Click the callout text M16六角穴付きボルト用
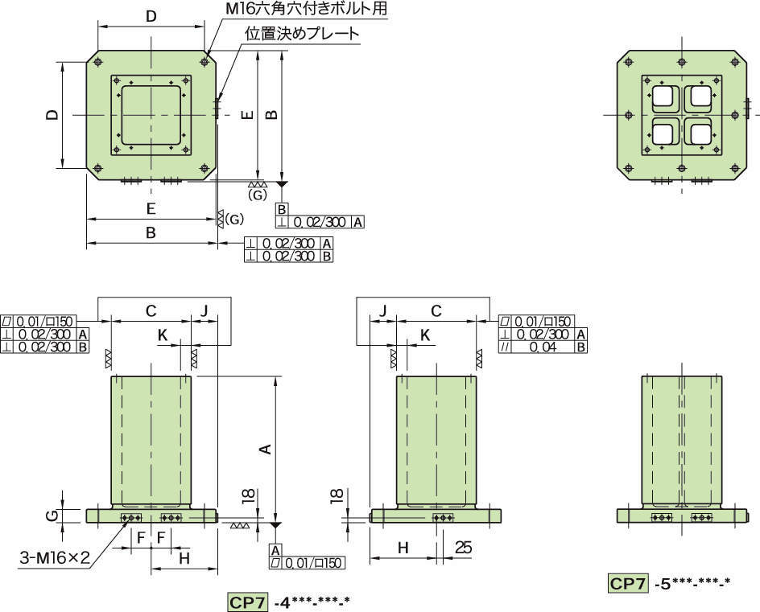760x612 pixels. tap(307, 8)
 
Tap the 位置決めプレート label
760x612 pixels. tap(302, 34)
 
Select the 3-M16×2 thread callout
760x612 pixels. tap(55, 558)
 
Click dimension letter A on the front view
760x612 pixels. tap(265, 450)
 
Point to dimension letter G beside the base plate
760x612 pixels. tap(54, 515)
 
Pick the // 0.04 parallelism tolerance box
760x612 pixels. tap(543, 347)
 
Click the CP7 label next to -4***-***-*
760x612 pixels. tap(248, 602)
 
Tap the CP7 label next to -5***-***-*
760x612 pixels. tap(628, 583)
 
